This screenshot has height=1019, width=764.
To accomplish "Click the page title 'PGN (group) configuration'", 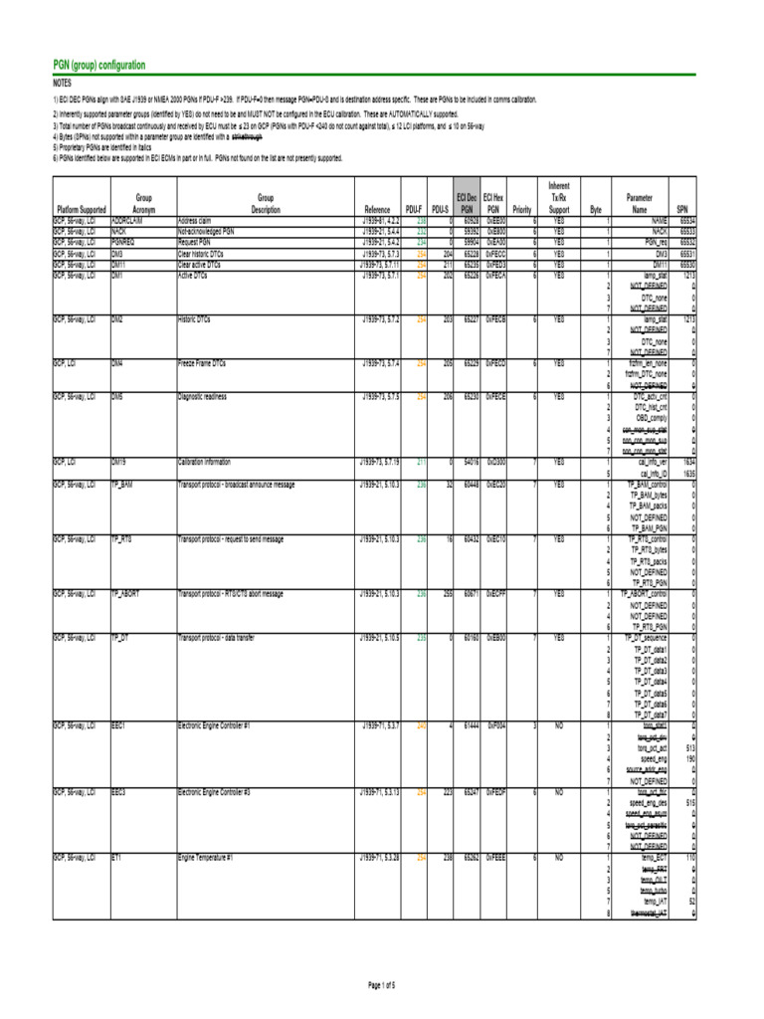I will pyautogui.click(x=99, y=66).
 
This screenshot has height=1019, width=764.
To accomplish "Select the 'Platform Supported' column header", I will pyautogui.click(x=82, y=210).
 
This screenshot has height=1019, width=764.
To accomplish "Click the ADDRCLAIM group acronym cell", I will pyautogui.click(x=129, y=221).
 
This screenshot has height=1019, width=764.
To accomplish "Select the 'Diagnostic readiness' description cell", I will pyautogui.click(x=205, y=396).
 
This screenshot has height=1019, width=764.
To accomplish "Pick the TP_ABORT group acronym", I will pyautogui.click(x=126, y=593).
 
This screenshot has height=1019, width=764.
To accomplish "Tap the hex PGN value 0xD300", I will pyautogui.click(x=495, y=462).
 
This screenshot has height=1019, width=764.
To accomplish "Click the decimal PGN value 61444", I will pyautogui.click(x=466, y=726).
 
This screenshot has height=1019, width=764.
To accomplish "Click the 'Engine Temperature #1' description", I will pyautogui.click(x=206, y=857).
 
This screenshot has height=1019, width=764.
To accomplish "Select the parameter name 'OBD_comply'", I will pyautogui.click(x=650, y=419).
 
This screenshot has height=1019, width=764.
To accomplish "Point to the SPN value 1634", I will pyautogui.click(x=687, y=462).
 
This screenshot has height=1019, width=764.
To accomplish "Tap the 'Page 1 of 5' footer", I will pyautogui.click(x=382, y=985).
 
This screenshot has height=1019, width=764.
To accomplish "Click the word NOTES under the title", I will pyautogui.click(x=63, y=85).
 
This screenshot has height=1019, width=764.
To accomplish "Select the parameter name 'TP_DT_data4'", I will pyautogui.click(x=650, y=682).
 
